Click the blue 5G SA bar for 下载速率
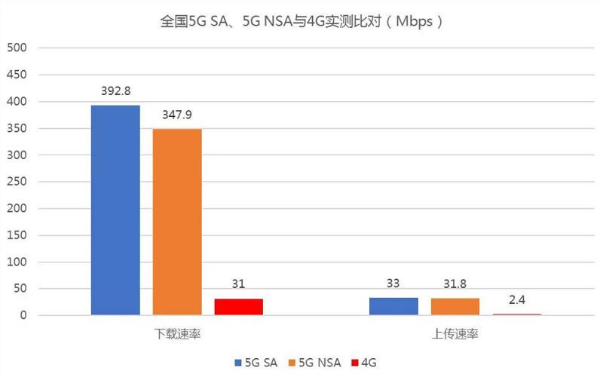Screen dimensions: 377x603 (x=115, y=210)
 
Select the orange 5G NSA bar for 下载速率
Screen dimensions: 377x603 (x=177, y=222)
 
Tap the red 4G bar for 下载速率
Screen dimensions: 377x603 (x=239, y=307)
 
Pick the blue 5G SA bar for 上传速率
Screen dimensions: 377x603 (x=393, y=306)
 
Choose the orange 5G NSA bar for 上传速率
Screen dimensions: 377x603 (x=455, y=307)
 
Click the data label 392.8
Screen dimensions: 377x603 (x=115, y=91)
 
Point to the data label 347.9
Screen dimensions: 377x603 (x=177, y=115)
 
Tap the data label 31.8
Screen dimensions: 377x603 (x=455, y=285)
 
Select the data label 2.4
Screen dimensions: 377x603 (x=517, y=300)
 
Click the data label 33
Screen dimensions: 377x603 (x=393, y=284)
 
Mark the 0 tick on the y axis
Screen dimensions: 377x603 (x=23, y=315)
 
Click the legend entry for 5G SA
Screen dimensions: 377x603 (x=256, y=363)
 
